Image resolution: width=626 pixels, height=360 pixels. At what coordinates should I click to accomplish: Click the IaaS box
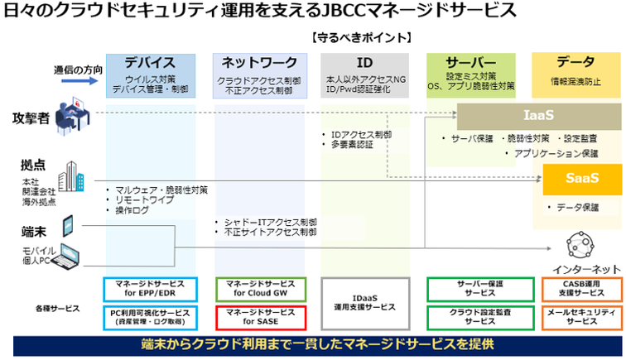(538, 115)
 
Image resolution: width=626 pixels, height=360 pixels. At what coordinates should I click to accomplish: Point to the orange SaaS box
(581, 176)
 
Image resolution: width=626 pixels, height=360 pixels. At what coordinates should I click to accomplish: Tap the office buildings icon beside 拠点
(70, 180)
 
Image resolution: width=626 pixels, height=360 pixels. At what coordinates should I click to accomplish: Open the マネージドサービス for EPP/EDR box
(150, 289)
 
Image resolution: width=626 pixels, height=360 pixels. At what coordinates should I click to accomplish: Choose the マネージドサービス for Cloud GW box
(261, 289)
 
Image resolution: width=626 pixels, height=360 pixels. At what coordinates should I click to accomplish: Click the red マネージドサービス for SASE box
(261, 318)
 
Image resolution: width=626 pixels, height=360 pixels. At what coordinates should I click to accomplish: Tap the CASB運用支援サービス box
(577, 289)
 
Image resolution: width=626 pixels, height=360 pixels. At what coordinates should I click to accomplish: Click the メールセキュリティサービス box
(577, 318)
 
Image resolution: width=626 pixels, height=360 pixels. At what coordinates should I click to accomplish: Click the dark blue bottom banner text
(313, 343)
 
